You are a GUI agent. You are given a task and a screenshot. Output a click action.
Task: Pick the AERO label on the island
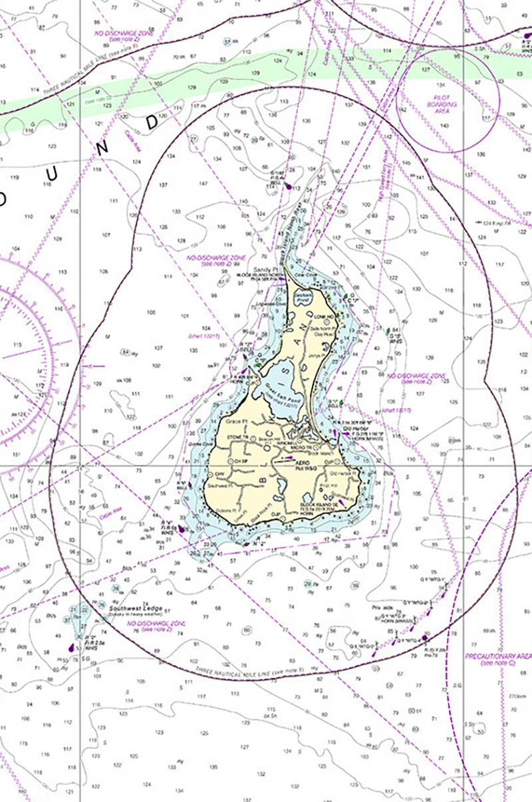coord(304,460)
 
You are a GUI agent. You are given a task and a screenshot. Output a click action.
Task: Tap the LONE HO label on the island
coord(324,317)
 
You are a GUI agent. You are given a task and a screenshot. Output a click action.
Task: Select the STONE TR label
coord(237,436)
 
